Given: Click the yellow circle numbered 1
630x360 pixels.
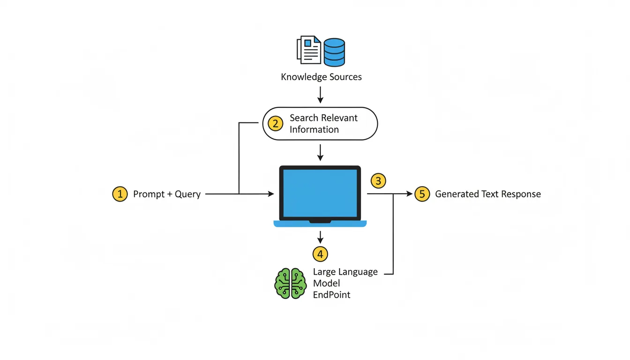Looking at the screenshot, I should point(120,194).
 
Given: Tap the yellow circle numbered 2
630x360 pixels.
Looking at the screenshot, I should point(276,123).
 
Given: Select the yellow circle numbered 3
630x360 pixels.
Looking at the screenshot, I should point(378,180).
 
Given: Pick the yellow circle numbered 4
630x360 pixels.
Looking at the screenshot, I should point(320,254).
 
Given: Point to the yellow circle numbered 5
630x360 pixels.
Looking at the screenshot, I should point(422,194).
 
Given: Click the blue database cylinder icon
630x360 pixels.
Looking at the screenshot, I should point(335,52).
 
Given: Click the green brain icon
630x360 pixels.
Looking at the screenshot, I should point(290,284).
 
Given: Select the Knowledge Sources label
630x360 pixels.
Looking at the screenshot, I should point(321,77).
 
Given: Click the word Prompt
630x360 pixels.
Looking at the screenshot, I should point(149,194).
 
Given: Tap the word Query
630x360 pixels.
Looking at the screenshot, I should point(187,194).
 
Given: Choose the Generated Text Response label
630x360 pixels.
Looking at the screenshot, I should point(488,194).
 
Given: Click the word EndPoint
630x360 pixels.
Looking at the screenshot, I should point(331,295).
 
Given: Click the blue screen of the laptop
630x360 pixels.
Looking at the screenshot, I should point(320,192).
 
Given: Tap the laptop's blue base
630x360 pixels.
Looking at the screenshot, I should point(320,224).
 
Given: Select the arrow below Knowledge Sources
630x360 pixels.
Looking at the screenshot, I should point(320,95).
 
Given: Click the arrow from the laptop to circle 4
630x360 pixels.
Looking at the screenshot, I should point(320,237).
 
